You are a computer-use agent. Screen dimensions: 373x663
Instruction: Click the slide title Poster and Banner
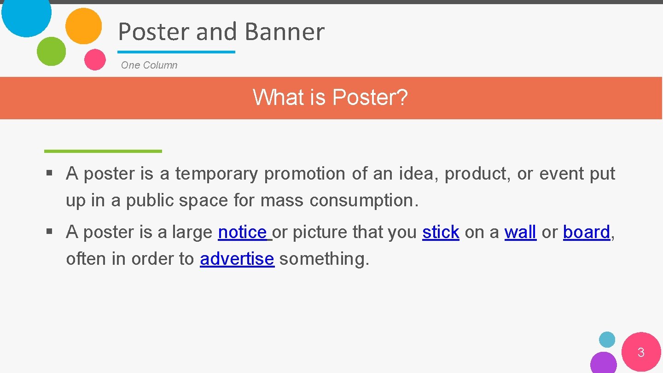pos(221,32)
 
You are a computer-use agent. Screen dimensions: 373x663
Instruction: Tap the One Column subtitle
pos(149,65)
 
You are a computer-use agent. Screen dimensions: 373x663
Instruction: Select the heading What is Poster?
pos(330,98)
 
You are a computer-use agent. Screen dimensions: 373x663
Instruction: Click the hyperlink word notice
pos(242,233)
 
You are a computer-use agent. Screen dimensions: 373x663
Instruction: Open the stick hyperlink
pos(441,233)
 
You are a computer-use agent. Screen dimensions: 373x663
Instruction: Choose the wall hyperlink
pos(520,233)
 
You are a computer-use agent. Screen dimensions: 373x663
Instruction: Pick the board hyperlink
pos(586,233)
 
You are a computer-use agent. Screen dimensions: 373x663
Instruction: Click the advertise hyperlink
pos(237,259)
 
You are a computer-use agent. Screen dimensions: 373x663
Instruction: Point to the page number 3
pos(641,353)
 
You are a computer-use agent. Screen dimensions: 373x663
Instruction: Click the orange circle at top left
pos(83,26)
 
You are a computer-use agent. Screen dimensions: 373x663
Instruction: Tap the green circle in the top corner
pos(51,51)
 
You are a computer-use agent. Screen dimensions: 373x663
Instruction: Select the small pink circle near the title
pos(95,59)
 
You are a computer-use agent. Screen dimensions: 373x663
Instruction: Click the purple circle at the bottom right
pos(603,363)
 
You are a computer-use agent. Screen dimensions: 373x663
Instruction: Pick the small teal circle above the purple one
pos(607,340)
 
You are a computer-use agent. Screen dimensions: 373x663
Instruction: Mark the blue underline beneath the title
pos(176,52)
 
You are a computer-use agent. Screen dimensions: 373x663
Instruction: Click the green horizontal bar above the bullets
pos(103,151)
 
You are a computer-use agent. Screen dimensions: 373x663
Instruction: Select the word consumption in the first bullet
pos(361,201)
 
